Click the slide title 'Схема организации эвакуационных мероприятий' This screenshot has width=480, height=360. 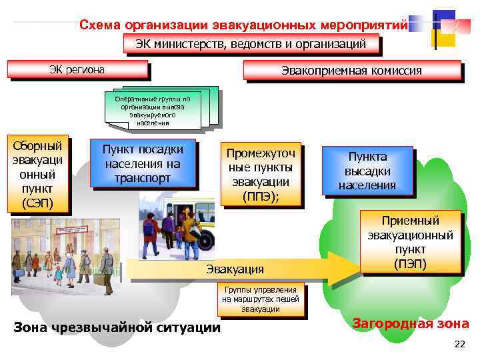[243, 25]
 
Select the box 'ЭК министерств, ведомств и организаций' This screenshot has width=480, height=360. [251, 45]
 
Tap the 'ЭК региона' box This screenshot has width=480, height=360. [77, 69]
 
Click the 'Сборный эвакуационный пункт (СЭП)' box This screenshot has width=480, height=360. [37, 173]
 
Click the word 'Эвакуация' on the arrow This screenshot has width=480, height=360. [235, 269]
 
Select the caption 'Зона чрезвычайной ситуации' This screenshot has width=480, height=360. [117, 327]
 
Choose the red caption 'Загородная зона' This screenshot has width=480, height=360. [410, 324]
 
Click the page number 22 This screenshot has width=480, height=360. [459, 344]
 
